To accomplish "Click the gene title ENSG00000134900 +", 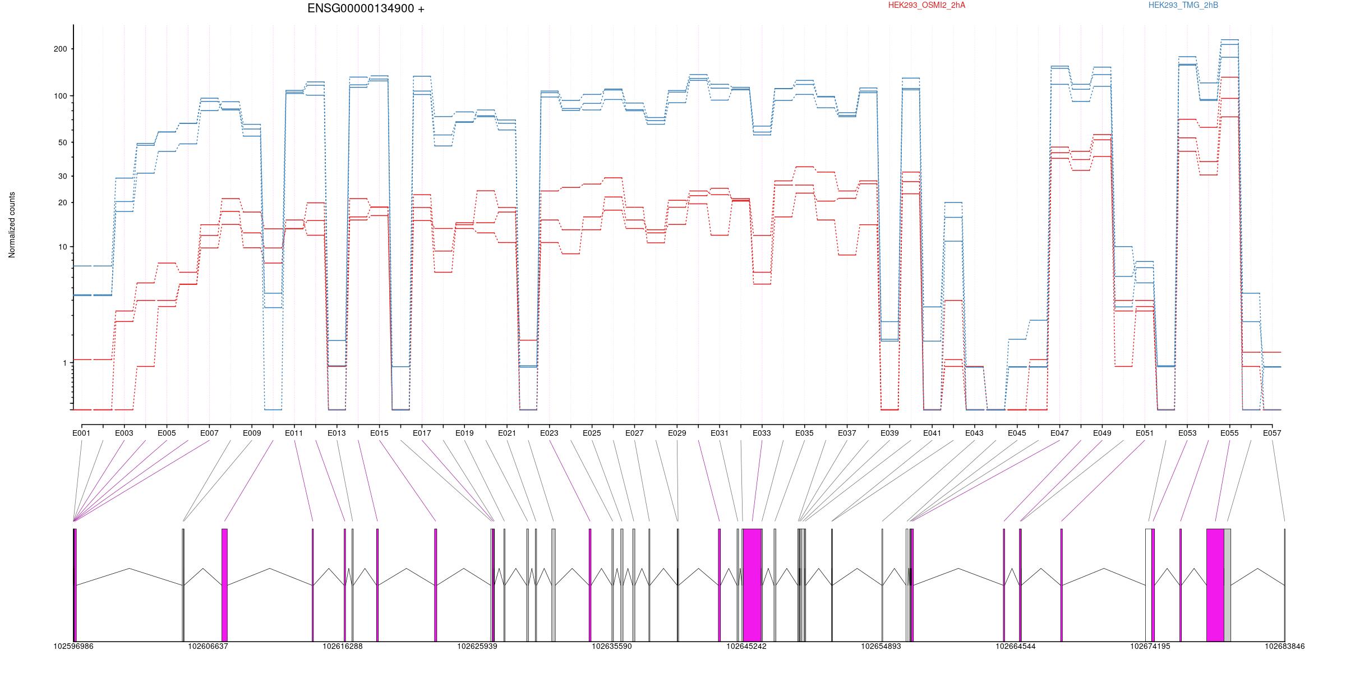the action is (x=366, y=9).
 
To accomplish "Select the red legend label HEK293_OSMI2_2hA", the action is (x=926, y=6).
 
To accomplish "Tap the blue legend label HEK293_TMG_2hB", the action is (x=1183, y=6).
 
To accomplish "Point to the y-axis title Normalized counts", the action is (x=12, y=225).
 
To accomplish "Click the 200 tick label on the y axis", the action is (x=60, y=49).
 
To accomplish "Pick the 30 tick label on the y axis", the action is (x=62, y=176).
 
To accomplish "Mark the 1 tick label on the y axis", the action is (x=64, y=363).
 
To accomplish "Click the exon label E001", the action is (x=81, y=433).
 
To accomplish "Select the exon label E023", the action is (x=549, y=433).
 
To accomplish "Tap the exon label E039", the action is (x=889, y=433).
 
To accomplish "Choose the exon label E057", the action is (x=1272, y=433).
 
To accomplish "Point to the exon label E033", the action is (x=762, y=433).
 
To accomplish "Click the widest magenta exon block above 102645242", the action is (x=752, y=585).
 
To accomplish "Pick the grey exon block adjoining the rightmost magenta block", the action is (x=1227, y=585).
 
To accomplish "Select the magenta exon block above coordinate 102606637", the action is (x=224, y=585).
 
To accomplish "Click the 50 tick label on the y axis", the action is (x=62, y=142).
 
